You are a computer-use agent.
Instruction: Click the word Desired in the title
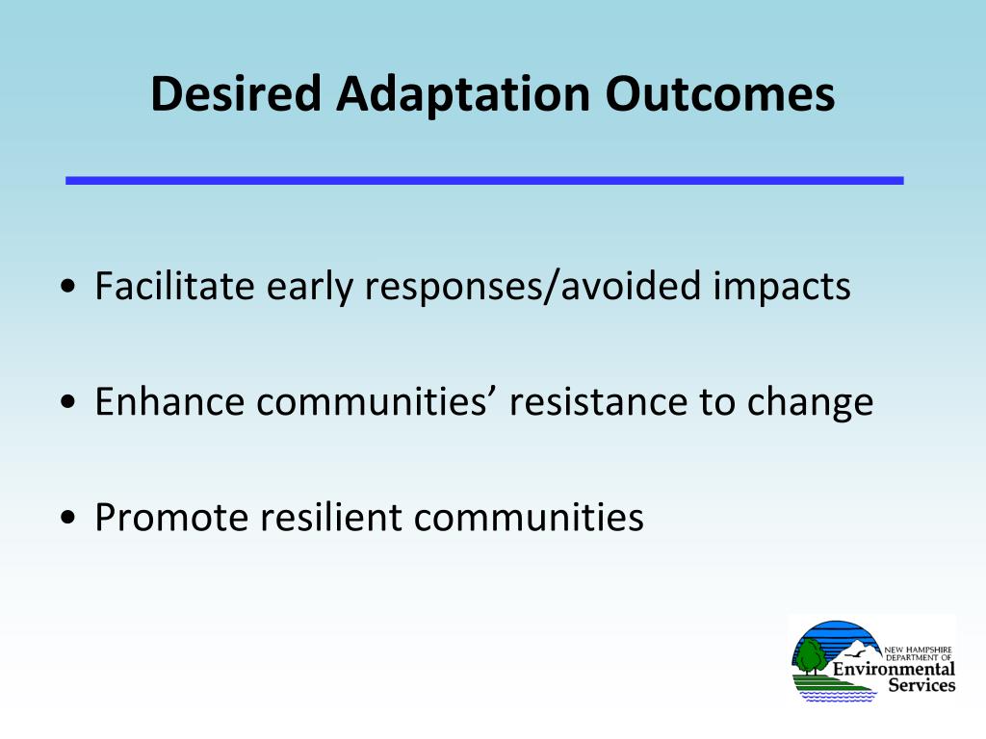[x=236, y=94]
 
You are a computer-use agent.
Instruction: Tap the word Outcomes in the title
[x=720, y=94]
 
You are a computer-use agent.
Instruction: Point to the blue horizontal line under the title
[x=484, y=180]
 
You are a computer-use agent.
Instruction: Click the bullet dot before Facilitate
[x=68, y=287]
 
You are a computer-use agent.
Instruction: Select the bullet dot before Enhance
[x=68, y=402]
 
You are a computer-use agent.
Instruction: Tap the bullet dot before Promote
[x=68, y=518]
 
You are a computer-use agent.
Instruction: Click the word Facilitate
[x=175, y=286]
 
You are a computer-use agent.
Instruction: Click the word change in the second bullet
[x=810, y=404]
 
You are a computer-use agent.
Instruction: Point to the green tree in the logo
[x=811, y=656]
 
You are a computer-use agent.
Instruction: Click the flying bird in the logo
[x=856, y=654]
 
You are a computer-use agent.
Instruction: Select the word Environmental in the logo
[x=894, y=669]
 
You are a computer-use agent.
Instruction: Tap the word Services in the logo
[x=921, y=685]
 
